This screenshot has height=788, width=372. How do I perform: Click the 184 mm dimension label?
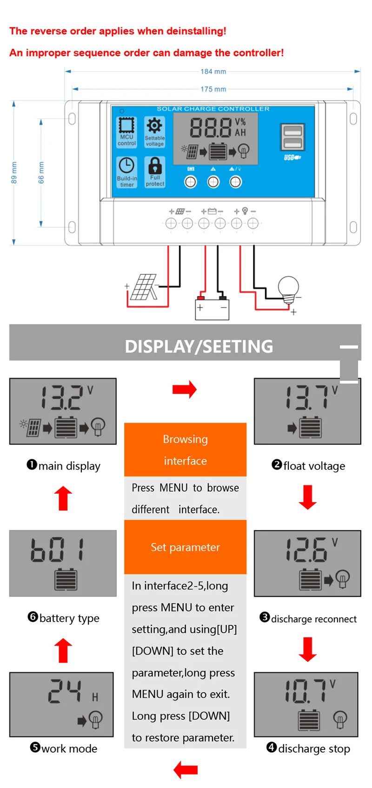(213, 72)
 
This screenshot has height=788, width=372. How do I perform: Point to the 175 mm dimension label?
(213, 89)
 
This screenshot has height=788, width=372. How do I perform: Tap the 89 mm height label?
(14, 173)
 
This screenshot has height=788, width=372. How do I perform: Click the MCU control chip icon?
(126, 125)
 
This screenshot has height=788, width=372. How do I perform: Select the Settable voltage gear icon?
(154, 126)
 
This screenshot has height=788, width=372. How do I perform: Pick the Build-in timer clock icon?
(126, 166)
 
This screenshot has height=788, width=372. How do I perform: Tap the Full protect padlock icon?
(155, 166)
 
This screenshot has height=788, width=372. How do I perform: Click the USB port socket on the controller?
(292, 137)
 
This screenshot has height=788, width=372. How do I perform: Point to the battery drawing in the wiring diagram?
(212, 308)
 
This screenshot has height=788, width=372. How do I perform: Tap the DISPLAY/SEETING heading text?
(199, 346)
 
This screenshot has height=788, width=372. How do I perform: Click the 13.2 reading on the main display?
(62, 398)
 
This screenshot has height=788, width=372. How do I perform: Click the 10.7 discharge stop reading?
(306, 691)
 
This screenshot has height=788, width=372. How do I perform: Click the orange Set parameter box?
(186, 547)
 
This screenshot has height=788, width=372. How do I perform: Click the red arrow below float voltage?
(307, 497)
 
